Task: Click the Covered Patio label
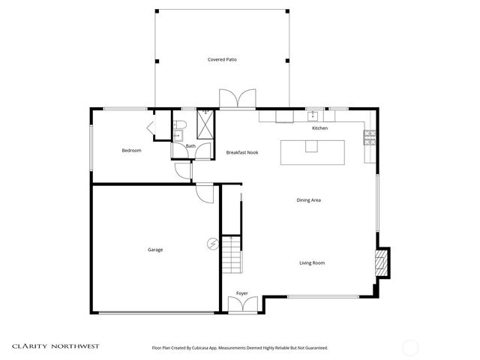pos(223,59)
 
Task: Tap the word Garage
pos(155,250)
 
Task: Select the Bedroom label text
pos(131,151)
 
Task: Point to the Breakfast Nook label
pos(242,152)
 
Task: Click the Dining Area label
pos(308,200)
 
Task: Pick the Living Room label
pos(311,262)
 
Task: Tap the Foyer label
pos(242,293)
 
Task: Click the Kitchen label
pos(320,128)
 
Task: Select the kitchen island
pos(312,152)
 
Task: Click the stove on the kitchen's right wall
pos(369,136)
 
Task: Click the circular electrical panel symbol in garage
pos(212,244)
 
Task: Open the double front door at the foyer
pos(242,304)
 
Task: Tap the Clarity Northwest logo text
pos(55,346)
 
